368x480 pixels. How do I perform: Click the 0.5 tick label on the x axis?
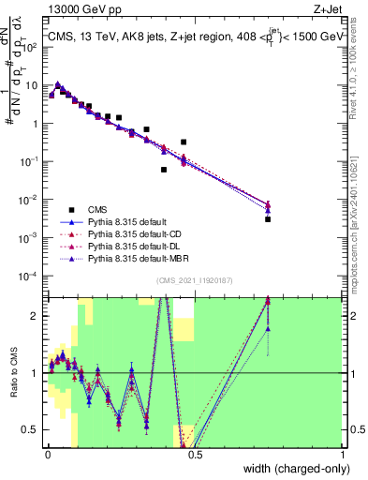(195, 456)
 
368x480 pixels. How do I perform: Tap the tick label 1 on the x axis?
(343, 456)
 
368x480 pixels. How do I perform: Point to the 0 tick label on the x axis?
(47, 456)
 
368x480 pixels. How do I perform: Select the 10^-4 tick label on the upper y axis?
(31, 277)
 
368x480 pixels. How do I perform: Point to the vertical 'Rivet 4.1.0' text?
(359, 61)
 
